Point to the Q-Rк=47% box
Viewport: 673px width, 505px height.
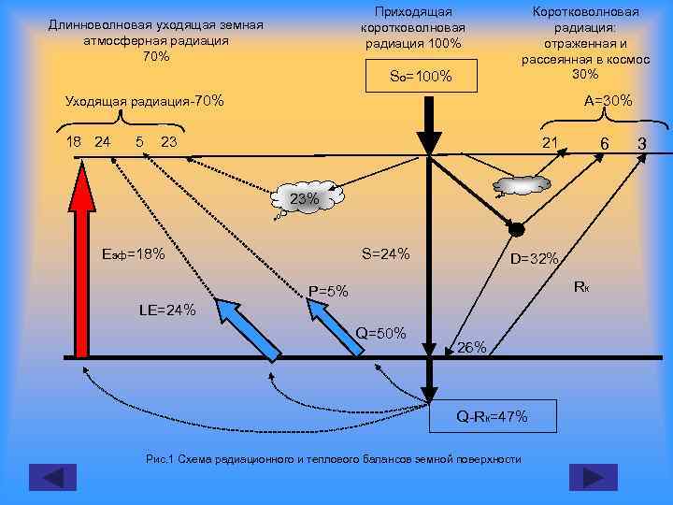(x=492, y=415)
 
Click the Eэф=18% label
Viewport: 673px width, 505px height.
(x=134, y=254)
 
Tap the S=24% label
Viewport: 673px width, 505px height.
(x=385, y=254)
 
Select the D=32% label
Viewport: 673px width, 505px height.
(x=534, y=258)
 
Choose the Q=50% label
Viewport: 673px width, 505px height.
(x=380, y=333)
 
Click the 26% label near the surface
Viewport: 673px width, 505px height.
(x=472, y=347)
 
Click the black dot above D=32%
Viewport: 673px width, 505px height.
(x=515, y=227)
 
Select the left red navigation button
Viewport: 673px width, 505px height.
(x=53, y=476)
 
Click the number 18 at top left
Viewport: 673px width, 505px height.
(x=74, y=142)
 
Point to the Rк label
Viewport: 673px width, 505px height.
(x=580, y=285)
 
